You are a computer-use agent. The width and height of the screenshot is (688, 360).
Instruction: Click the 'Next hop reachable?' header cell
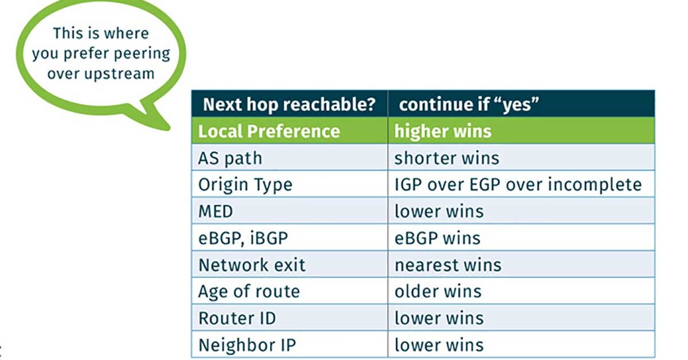(290, 104)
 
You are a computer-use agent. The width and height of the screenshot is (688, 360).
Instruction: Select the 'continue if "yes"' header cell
(521, 104)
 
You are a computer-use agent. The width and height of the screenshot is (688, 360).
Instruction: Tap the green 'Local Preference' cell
(290, 131)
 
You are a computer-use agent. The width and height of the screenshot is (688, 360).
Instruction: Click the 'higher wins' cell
(521, 131)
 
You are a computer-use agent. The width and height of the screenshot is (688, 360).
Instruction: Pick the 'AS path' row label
(290, 157)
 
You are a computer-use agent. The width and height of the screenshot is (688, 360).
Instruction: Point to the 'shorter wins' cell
(521, 157)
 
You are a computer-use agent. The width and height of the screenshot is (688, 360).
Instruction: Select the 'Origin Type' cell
(290, 184)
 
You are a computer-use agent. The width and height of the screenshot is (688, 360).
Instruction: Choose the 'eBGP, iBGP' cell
(290, 237)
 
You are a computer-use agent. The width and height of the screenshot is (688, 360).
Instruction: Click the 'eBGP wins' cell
(521, 237)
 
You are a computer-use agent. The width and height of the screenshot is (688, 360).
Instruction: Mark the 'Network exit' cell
(290, 264)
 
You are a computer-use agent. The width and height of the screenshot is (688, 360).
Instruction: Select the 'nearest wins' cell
(521, 264)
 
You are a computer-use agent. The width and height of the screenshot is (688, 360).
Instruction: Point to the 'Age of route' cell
(290, 291)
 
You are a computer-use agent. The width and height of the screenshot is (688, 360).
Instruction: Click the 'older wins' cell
(521, 291)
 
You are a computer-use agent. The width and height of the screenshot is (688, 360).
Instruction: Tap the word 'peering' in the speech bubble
(142, 54)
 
